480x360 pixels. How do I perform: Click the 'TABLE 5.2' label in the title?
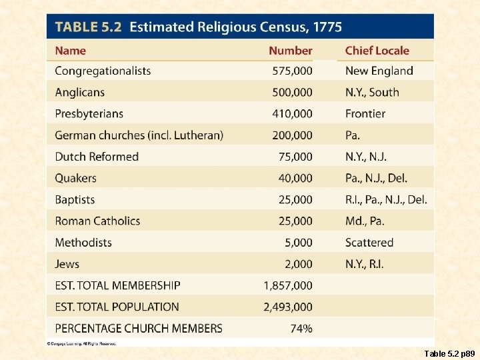[x=88, y=28]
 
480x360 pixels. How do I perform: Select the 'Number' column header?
[x=290, y=51]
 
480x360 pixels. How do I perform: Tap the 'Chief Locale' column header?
[x=377, y=51]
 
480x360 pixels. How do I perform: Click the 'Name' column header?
[x=70, y=51]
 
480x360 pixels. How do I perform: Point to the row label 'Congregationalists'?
[x=103, y=71]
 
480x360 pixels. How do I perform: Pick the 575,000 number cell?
[x=292, y=71]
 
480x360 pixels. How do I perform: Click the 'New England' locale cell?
[x=379, y=71]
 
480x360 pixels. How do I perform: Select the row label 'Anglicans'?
[x=79, y=92]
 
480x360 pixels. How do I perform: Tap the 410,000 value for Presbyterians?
[x=292, y=114]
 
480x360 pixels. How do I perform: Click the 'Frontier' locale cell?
[x=365, y=114]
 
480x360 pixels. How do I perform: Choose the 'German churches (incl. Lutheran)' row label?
[x=139, y=135]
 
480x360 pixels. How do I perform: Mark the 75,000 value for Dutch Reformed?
[x=295, y=157]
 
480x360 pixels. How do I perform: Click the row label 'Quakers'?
[x=75, y=178]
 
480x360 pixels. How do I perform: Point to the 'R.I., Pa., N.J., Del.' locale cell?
[x=386, y=199]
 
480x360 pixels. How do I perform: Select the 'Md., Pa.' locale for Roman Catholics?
[x=365, y=221]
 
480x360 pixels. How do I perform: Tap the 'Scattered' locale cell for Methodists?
[x=369, y=243]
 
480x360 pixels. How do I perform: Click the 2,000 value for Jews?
[x=297, y=264]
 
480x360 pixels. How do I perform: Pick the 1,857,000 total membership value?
[x=288, y=285]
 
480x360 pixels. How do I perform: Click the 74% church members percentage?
[x=301, y=328]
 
